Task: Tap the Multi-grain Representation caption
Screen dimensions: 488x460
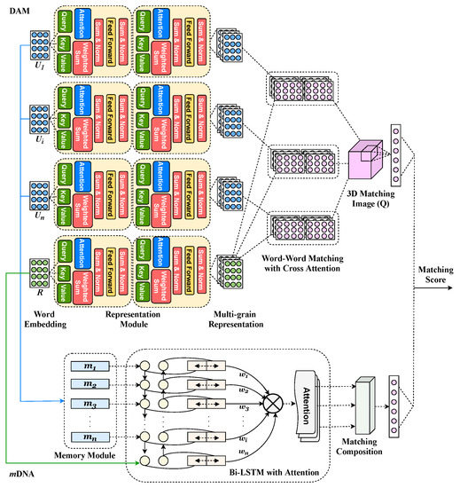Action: click(238, 307)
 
